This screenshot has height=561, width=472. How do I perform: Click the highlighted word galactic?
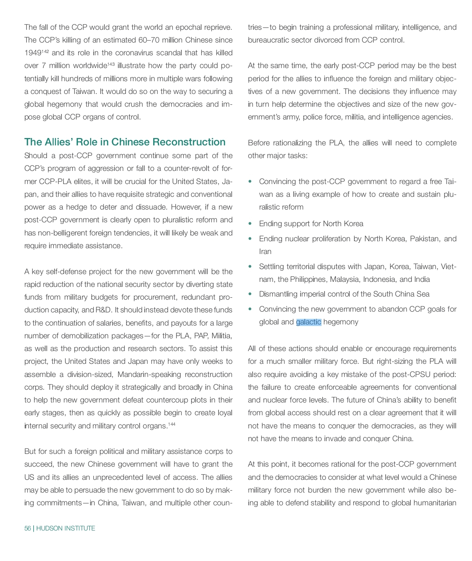click(308, 322)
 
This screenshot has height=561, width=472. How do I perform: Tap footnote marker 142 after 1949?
click(45, 51)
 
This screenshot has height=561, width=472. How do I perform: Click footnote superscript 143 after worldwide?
click(111, 64)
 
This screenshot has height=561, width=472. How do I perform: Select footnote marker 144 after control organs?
click(172, 425)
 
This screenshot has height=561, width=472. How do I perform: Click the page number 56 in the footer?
click(27, 528)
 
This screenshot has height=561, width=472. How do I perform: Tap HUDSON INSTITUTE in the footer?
click(65, 528)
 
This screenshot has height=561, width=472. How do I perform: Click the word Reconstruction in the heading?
click(189, 142)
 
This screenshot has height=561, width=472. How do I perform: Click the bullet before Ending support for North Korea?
click(250, 223)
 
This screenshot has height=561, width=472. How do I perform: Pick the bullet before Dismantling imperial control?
click(250, 294)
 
